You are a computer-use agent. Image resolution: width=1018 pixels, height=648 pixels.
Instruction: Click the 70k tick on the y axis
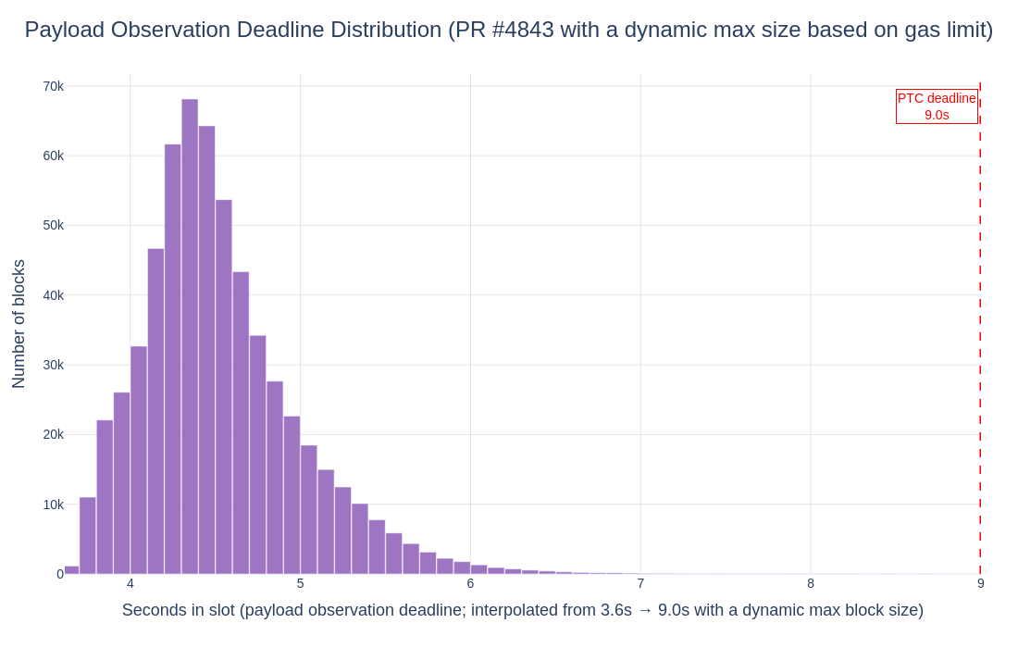coord(53,86)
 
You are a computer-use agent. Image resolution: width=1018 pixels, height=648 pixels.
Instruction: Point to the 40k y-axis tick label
coord(53,295)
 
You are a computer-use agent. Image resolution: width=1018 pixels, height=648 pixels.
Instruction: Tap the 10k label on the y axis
coord(53,505)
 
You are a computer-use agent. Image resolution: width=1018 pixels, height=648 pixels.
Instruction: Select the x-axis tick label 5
coord(301,583)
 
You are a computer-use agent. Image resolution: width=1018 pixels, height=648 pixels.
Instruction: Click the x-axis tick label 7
coord(640,583)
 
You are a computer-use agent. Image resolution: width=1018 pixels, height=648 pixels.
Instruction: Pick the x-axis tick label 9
coord(980,583)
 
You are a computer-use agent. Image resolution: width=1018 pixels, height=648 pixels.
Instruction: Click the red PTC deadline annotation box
coord(937,106)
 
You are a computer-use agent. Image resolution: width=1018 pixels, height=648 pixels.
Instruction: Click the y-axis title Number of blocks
coord(19,324)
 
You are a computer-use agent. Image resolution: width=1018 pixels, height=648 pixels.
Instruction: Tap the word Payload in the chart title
coord(64,30)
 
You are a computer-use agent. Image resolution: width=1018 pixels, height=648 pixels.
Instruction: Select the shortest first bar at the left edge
coord(71,570)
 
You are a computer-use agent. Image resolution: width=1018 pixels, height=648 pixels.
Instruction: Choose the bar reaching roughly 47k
coord(155,411)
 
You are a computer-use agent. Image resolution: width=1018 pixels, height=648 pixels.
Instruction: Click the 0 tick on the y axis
coord(60,574)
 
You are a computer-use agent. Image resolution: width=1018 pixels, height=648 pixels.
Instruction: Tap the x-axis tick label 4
coord(130,583)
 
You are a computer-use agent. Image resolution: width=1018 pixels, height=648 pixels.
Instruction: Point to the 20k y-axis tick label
coord(53,434)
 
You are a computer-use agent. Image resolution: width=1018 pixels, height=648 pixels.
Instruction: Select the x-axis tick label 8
coord(811,583)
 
